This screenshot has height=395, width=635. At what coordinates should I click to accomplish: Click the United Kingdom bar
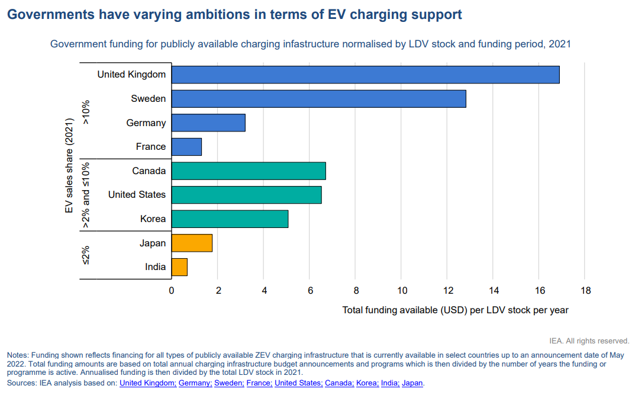365,75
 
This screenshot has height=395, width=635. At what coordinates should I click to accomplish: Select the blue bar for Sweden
318,99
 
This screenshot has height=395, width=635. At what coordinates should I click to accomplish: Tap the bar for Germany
208,123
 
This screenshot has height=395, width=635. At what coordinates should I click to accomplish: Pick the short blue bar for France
186,147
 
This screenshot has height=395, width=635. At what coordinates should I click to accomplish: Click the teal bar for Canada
249,171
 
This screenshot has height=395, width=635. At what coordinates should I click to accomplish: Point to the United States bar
246,195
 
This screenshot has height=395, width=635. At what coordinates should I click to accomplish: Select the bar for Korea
230,219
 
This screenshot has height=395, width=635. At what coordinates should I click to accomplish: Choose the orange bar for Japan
192,243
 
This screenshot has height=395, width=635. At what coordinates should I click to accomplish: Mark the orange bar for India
179,267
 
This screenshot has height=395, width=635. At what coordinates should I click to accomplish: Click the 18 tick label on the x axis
585,291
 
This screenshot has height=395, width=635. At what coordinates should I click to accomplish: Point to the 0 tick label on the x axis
172,291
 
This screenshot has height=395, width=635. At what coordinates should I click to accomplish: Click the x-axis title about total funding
455,310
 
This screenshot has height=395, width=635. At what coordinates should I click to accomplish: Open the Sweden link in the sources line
228,383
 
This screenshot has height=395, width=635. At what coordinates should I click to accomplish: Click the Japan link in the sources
412,383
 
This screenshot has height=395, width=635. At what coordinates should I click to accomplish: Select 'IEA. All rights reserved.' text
589,341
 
